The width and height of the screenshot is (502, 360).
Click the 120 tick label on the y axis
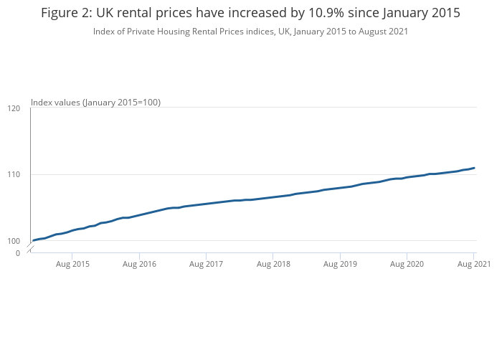tap(13, 108)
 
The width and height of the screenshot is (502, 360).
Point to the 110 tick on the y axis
tap(13, 174)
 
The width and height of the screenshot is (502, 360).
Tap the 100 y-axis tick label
tap(13, 240)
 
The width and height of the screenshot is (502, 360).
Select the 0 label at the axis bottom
tap(17, 253)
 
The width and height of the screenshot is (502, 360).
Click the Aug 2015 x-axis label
tap(72, 265)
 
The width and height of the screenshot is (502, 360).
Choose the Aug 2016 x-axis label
tap(139, 265)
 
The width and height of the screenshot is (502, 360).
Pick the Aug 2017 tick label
tap(206, 265)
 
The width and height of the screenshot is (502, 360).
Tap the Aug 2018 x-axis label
tap(273, 265)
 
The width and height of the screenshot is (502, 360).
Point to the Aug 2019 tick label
tap(340, 265)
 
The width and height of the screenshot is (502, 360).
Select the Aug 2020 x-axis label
tap(407, 265)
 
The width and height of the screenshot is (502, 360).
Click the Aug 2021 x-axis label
tap(473, 265)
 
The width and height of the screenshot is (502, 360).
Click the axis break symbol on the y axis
tap(30, 247)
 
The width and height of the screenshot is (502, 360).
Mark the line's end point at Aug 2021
tap(474, 168)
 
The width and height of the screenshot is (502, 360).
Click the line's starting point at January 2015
tap(33, 240)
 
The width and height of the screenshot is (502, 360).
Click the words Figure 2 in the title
tap(65, 13)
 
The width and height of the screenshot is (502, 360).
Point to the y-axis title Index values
tap(56, 103)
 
